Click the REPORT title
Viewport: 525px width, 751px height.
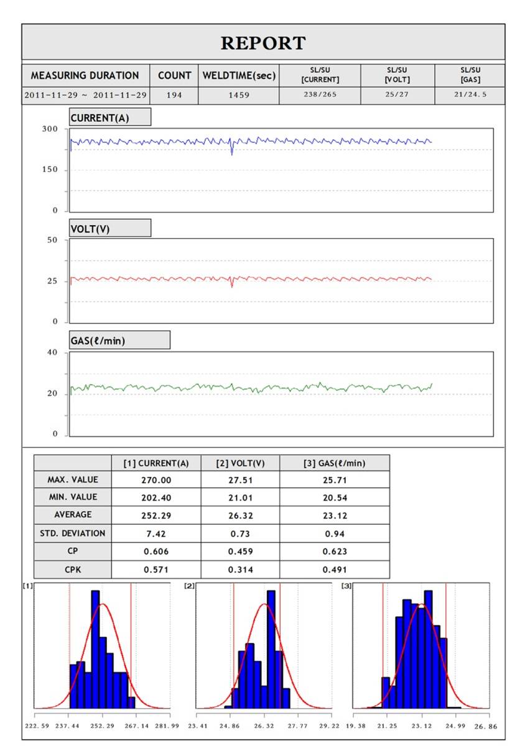click(263, 44)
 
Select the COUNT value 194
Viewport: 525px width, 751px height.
click(174, 95)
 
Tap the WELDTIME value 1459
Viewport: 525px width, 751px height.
click(238, 95)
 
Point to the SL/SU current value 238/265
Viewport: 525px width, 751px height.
click(320, 94)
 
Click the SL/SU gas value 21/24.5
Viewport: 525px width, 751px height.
click(470, 94)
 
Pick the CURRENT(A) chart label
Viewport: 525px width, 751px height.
click(100, 118)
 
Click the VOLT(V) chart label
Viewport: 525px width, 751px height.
click(90, 229)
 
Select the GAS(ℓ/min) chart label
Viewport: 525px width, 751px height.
click(98, 341)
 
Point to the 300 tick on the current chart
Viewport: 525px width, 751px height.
click(50, 129)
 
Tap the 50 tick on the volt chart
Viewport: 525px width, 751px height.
click(52, 240)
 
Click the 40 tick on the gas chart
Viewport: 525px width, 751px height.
click(52, 352)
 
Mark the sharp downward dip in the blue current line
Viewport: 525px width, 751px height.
click(231, 150)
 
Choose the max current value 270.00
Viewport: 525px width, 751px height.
click(156, 480)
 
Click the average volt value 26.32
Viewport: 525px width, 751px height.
click(240, 515)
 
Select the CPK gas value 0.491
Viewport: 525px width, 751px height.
click(335, 569)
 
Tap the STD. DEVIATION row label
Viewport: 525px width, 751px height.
click(72, 533)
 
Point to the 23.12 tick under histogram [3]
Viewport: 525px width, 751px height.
click(421, 726)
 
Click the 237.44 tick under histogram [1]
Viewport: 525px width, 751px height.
click(67, 726)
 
